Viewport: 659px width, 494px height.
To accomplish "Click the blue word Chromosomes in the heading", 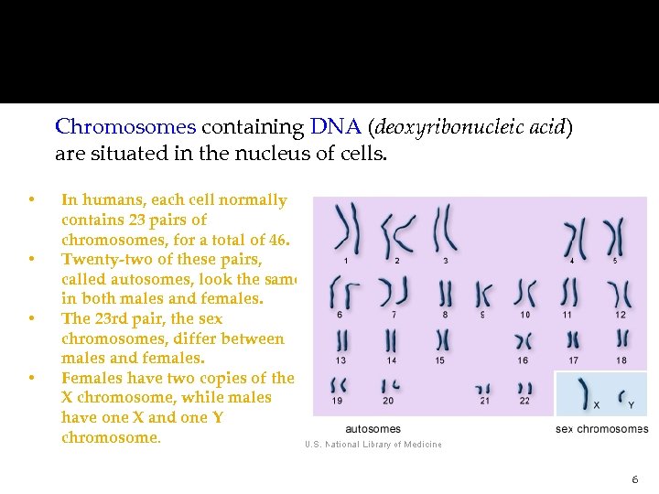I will coord(125,127).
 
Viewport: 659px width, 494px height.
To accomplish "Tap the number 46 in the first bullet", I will coord(277,241).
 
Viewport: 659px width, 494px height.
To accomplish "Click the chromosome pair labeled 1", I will coord(347,229).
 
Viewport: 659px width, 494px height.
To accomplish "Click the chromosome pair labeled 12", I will coord(620,293).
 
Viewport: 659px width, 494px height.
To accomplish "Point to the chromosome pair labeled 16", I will coord(523,340).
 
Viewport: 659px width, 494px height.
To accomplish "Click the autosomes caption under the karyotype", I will coord(373,428).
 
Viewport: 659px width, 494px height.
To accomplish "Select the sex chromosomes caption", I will coord(601,428).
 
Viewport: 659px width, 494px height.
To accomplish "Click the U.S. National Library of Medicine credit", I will coord(373,445).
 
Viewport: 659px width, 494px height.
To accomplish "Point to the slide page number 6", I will coord(634,479).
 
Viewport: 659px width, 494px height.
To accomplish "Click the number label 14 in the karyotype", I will coord(391,360).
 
